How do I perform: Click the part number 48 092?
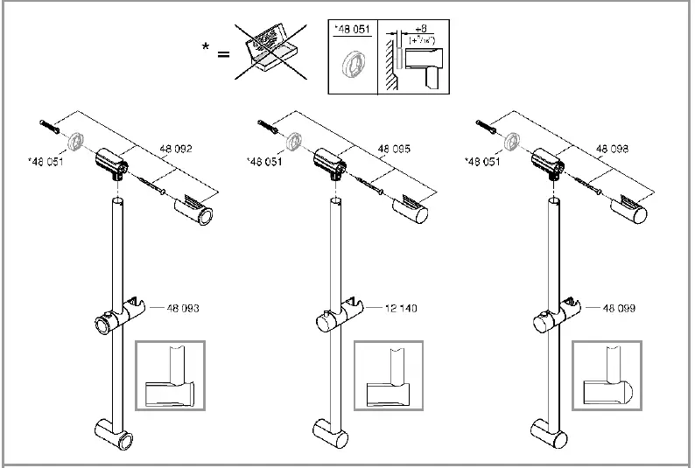pyautogui.click(x=177, y=150)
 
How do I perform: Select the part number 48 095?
pyautogui.click(x=395, y=150)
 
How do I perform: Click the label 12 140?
pyautogui.click(x=400, y=308)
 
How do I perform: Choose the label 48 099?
pyautogui.click(x=618, y=308)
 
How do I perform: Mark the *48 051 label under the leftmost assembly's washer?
pyautogui.click(x=46, y=162)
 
